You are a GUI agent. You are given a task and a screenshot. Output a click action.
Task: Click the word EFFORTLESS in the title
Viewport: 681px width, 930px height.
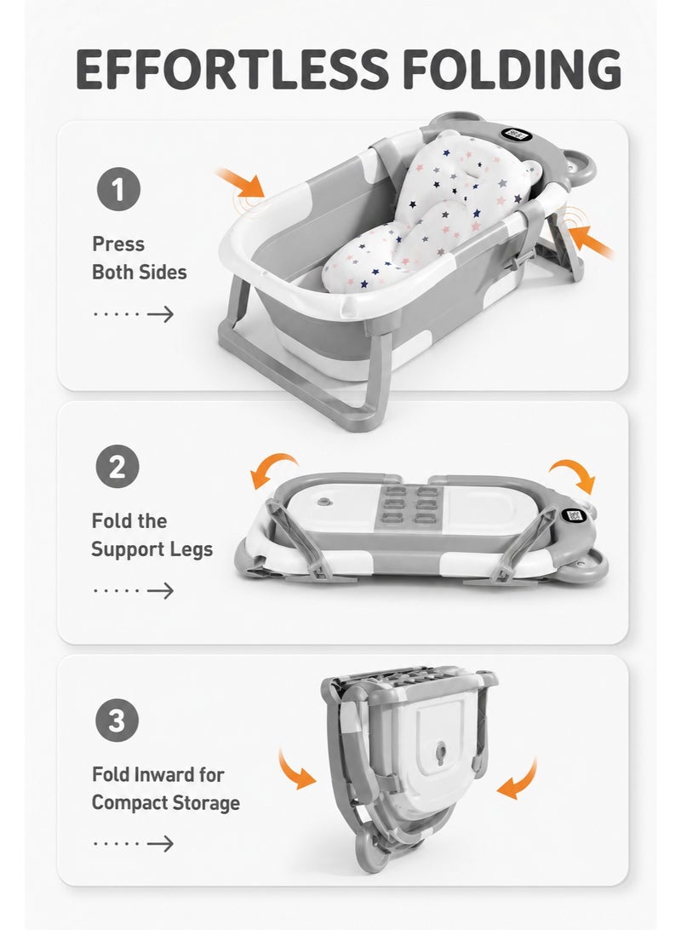[232, 69]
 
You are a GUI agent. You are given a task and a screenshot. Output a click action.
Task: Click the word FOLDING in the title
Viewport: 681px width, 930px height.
[512, 69]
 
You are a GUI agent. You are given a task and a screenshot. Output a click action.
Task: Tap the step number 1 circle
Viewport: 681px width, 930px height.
[118, 190]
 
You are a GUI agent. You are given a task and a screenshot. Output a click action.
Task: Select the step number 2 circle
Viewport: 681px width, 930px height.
[117, 467]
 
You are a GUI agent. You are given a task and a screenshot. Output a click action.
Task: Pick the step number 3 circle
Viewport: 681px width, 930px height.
[117, 720]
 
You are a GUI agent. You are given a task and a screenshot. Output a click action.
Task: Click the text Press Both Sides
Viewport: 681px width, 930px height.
[140, 258]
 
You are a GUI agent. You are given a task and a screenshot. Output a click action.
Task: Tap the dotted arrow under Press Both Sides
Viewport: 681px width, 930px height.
[134, 313]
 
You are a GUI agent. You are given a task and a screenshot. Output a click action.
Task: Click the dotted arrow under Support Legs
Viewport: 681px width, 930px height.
[134, 591]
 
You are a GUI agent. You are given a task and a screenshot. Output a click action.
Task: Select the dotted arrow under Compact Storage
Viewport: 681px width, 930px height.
[134, 843]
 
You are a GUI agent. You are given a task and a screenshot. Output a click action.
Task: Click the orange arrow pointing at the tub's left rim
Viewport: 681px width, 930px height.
[240, 182]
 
